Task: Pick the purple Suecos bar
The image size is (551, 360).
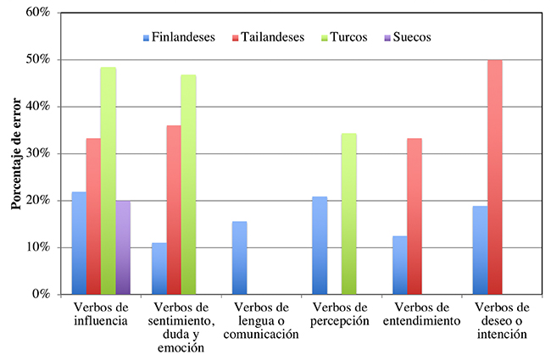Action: pyautogui.click(x=125, y=247)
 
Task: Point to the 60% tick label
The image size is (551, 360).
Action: pyautogui.click(x=37, y=13)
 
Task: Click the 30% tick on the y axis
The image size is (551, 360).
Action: pyautogui.click(x=37, y=153)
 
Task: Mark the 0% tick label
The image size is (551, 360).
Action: pyautogui.click(x=41, y=294)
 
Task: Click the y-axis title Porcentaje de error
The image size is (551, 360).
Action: pyautogui.click(x=15, y=153)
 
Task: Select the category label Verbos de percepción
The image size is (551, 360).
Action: pyautogui.click(x=341, y=313)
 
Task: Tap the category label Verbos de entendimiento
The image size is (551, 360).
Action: pyautogui.click(x=421, y=313)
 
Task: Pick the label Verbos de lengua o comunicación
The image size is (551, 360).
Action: pyautogui.click(x=261, y=320)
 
